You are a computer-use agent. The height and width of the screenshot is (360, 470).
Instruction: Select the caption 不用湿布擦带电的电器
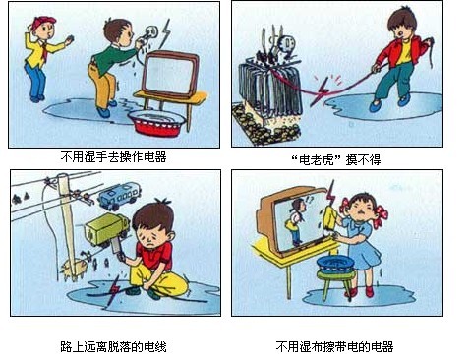coord(334,346)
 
